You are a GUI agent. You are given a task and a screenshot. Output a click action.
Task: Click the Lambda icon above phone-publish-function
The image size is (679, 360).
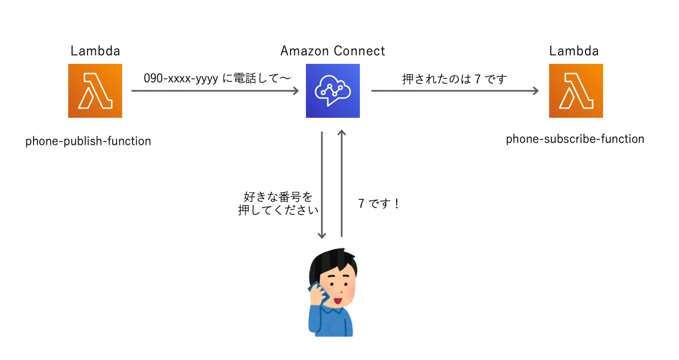point(95,91)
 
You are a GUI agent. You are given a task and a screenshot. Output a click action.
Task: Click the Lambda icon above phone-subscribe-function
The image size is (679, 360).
point(576,91)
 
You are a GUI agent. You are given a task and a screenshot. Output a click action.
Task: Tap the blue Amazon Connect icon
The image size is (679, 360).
point(332,91)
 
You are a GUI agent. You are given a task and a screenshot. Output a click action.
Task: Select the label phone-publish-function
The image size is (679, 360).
point(88,141)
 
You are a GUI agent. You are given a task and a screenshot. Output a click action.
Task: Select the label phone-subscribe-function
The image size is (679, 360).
point(575,139)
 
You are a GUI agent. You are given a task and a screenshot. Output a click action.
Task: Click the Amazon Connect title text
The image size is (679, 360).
point(332,51)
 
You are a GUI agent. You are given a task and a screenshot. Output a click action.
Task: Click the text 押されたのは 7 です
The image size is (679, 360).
point(455,79)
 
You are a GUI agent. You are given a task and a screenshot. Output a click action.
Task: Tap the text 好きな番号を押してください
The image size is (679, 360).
point(278,204)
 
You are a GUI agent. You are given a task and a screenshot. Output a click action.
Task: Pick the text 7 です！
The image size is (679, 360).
point(379,204)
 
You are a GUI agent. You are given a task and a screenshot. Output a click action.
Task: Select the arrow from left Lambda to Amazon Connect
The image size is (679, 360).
point(215,91)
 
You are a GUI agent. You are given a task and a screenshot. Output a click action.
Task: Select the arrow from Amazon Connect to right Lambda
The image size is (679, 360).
point(455,91)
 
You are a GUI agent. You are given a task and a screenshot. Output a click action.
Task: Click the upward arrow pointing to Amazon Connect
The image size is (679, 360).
point(342,184)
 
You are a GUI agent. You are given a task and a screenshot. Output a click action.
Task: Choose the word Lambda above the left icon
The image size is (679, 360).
point(95,51)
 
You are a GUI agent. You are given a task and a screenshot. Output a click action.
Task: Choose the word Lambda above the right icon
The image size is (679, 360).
point(574,51)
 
